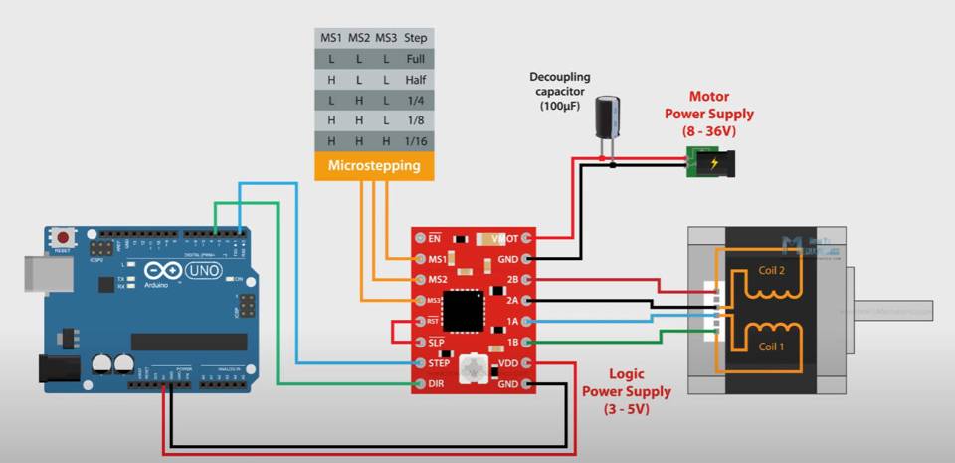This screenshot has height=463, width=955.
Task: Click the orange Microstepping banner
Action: (374, 166)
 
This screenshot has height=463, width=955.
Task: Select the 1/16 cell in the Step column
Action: (416, 142)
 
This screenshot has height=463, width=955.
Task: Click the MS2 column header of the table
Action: (359, 38)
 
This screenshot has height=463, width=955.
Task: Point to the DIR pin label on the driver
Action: (435, 384)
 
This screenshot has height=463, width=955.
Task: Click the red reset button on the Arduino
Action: (64, 238)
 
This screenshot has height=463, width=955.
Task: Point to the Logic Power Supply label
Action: (626, 390)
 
